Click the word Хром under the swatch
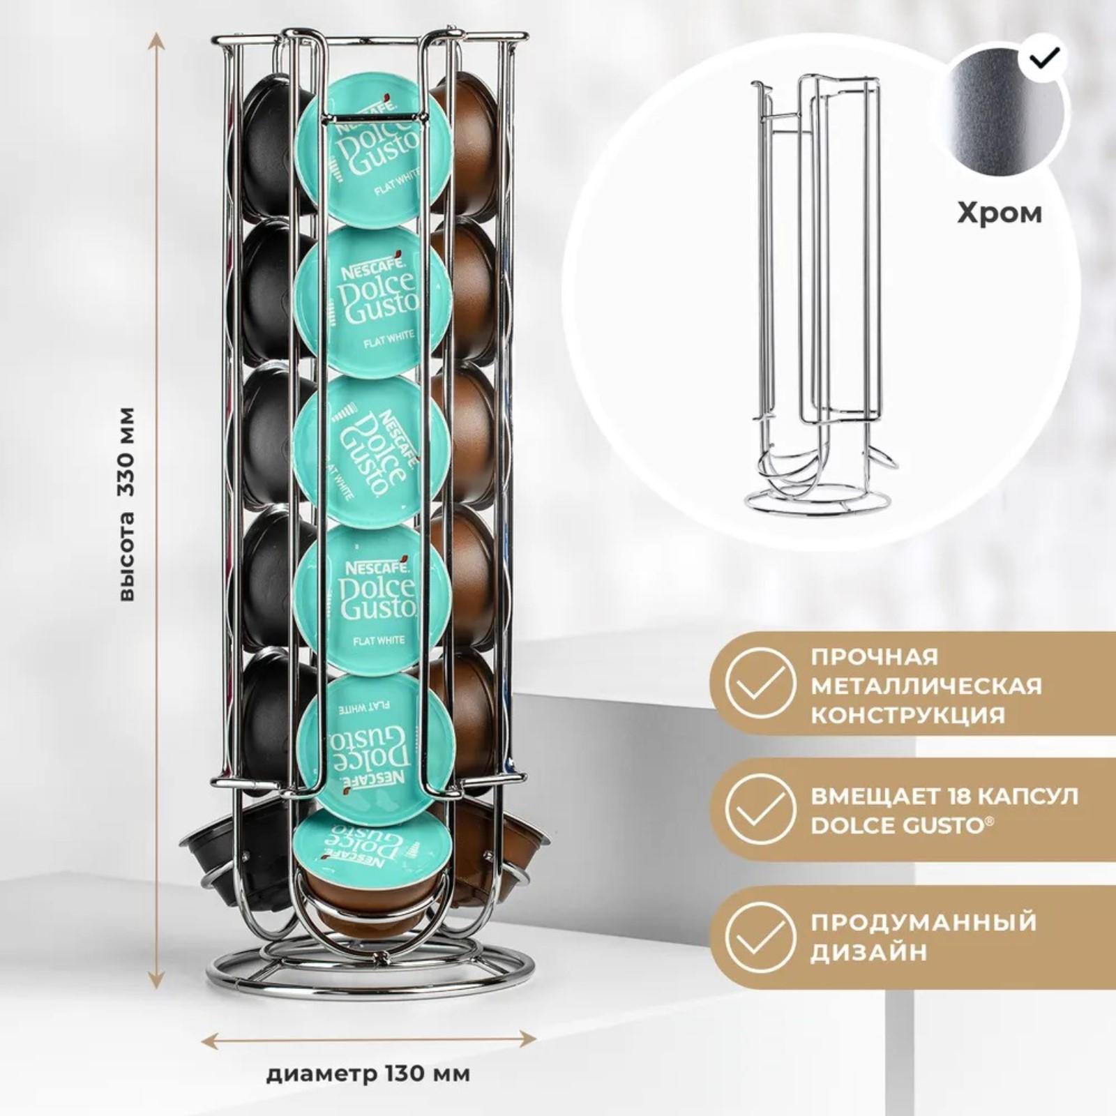coord(999,212)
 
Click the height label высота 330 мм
coord(126,504)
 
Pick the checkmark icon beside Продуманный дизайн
coord(760,935)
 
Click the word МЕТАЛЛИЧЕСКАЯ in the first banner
coord(926,685)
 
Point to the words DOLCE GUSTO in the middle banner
coord(896,826)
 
